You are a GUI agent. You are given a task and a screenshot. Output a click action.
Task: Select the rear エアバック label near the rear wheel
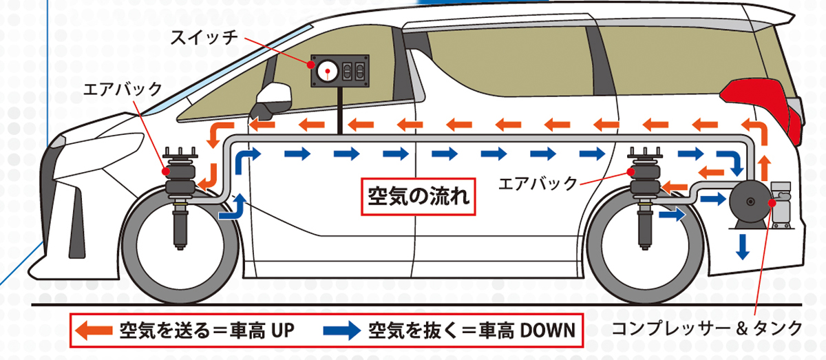point(537,183)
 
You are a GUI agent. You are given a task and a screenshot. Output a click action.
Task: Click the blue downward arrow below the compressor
point(742,246)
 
